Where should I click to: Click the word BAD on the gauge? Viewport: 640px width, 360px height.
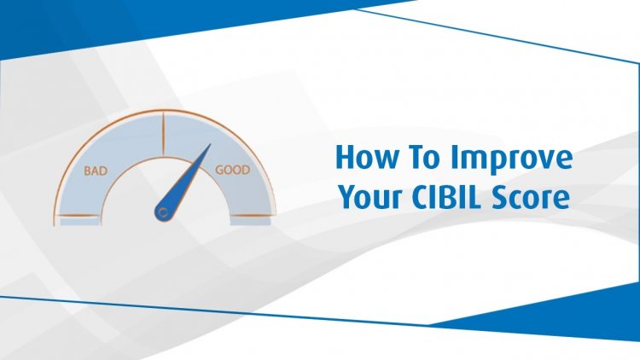[96, 171]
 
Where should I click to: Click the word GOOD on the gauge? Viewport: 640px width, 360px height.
[233, 170]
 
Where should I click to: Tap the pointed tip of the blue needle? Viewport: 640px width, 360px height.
[211, 144]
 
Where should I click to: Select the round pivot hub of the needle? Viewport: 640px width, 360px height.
[164, 212]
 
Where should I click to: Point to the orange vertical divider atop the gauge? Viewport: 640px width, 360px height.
[163, 133]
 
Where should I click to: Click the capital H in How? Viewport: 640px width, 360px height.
[346, 157]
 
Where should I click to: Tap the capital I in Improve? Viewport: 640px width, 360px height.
[454, 157]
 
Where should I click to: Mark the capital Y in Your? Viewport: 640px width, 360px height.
[349, 197]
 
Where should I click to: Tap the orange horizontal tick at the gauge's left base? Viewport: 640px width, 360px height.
[78, 216]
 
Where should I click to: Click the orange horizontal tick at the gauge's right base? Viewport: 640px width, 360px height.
[252, 215]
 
